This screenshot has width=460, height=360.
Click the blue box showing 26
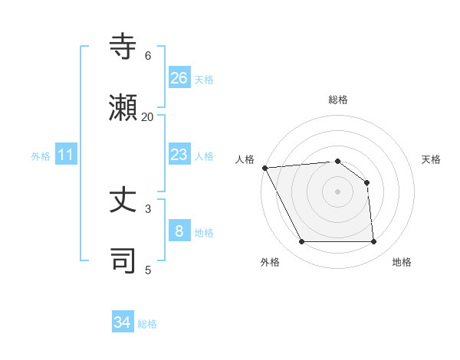pos(179,77)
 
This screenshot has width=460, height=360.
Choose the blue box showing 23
pos(179,155)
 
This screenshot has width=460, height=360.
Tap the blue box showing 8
pos(179,231)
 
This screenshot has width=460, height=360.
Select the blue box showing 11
pos(66,155)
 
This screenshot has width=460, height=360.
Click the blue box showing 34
pos(123,322)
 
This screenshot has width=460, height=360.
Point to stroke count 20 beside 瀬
pos(147,116)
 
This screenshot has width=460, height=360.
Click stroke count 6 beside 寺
pos(147,55)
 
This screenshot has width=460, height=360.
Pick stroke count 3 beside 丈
pos(147,208)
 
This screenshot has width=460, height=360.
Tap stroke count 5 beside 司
pos(147,270)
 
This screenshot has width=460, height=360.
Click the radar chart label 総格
pos(338,100)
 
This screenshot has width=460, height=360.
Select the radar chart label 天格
pos(432,159)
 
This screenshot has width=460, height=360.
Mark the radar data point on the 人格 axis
pos(264,168)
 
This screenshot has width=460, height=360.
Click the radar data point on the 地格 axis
pos(373,242)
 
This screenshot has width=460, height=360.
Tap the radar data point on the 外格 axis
pos(302,242)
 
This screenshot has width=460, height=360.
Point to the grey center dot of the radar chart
pos(337,191)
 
